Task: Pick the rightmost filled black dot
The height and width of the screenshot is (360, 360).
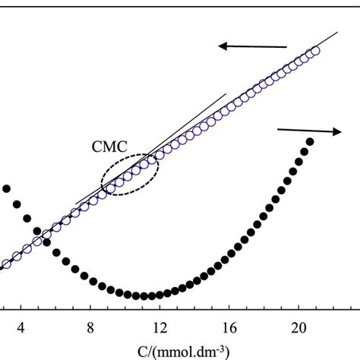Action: [x=310, y=141]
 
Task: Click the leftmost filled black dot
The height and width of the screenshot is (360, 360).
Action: [x=6, y=188]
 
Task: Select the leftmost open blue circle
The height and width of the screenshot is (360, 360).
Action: [x=7, y=264]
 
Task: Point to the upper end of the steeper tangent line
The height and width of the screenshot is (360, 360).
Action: [x=226, y=94]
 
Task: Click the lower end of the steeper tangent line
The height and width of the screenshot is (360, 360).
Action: [x=77, y=204]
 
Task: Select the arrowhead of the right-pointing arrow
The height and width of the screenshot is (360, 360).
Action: [x=337, y=131]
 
